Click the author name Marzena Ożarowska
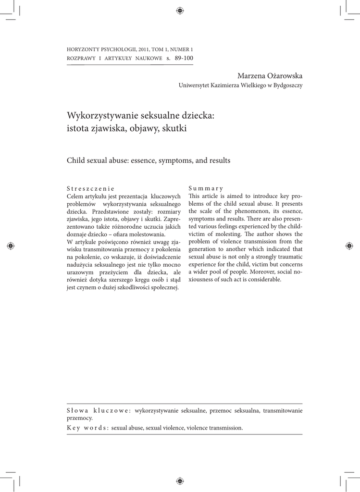click(270, 76)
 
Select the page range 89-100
click(184, 58)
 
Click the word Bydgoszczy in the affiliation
click(286, 86)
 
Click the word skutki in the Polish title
click(174, 128)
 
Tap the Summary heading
click(206, 188)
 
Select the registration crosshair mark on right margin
click(349, 246)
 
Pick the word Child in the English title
click(75, 160)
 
